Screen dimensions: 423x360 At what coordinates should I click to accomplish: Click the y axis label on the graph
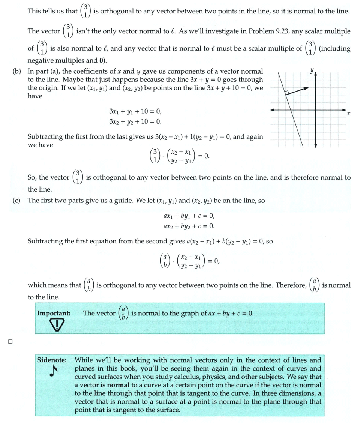pos(312,70)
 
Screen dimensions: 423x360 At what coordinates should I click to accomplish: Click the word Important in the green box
pos(53,313)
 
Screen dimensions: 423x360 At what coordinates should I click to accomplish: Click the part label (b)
pos(16,71)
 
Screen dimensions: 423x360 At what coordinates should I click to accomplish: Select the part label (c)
pos(16,201)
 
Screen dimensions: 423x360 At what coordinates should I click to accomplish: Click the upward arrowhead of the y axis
pos(316,75)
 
